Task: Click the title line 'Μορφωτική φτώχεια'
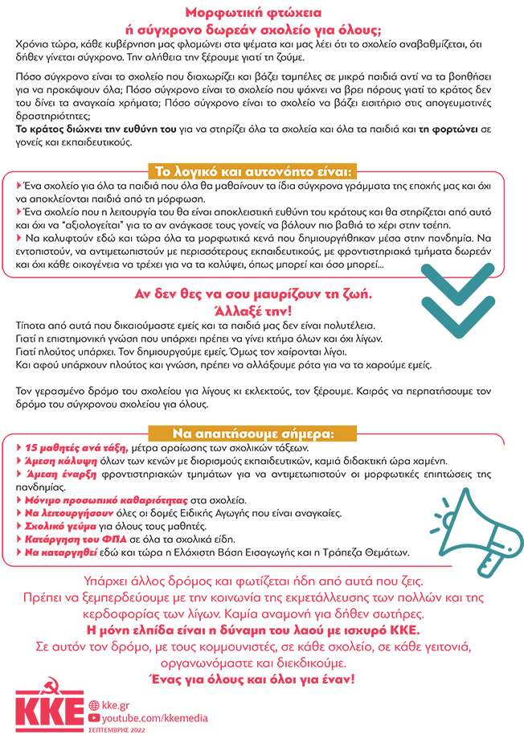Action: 261,13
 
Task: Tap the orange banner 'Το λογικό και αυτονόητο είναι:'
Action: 255,170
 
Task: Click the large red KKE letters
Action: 50,712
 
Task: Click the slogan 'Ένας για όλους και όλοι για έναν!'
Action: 262,680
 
